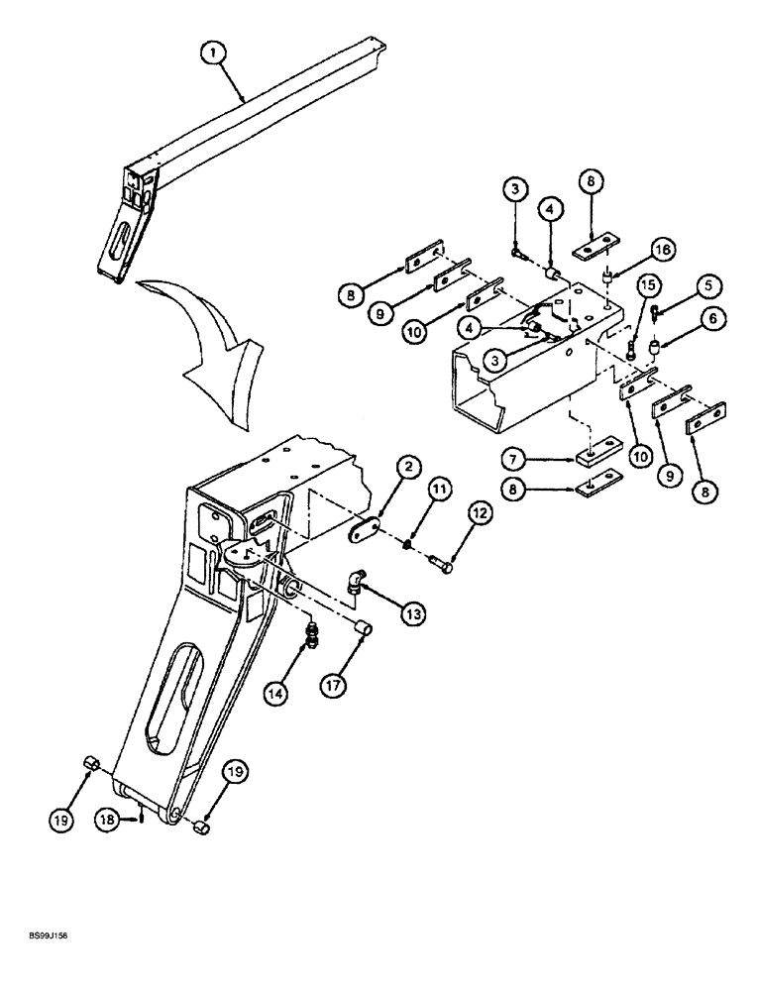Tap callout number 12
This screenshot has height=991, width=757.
tap(481, 514)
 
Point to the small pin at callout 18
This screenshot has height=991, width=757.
tap(145, 817)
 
